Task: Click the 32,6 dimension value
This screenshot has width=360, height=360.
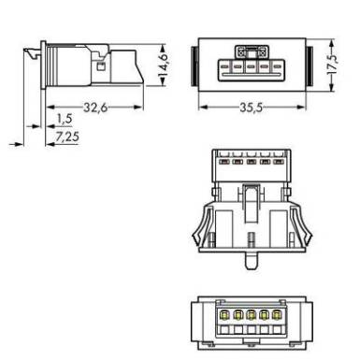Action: tap(95, 108)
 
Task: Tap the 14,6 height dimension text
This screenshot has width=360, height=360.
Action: tap(163, 65)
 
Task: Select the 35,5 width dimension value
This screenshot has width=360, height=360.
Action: tap(252, 108)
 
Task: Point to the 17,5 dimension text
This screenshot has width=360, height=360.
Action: tap(332, 65)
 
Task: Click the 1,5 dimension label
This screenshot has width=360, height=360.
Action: tap(65, 119)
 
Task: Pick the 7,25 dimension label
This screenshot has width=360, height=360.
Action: tap(67, 137)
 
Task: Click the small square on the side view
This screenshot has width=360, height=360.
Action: tap(100, 66)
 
